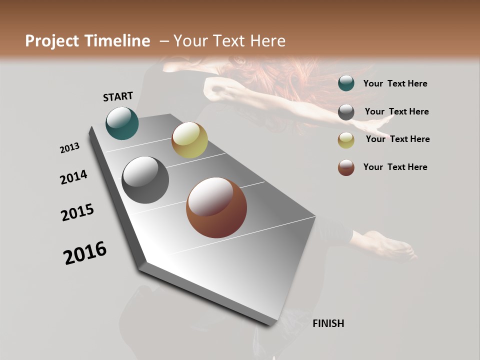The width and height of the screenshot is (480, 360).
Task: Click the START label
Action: pos(118,96)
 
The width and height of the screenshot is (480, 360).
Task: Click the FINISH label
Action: pos(328,323)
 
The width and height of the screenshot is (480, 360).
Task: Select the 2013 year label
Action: pos(70,147)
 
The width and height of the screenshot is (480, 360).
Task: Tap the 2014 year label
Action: pos(74,177)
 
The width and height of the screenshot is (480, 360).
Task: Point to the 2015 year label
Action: pos(77,212)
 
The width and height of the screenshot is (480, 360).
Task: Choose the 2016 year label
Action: pos(85,252)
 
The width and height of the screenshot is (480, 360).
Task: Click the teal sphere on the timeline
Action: pos(122,123)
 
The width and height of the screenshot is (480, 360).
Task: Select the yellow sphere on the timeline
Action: pos(189,140)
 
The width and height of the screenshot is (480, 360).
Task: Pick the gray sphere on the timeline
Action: pos(145,180)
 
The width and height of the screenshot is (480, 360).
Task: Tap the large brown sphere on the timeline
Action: pos(216,207)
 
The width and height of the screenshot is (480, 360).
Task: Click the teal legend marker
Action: pos(346,83)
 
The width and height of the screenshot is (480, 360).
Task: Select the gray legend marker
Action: pos(346,112)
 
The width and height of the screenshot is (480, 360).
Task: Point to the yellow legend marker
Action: pos(346,140)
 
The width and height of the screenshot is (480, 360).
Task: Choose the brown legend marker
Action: pos(346,167)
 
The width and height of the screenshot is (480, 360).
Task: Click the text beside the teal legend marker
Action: pos(395,83)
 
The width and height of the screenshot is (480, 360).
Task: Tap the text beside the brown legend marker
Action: pos(395,167)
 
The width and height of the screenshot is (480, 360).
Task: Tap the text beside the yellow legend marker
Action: pos(397,139)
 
